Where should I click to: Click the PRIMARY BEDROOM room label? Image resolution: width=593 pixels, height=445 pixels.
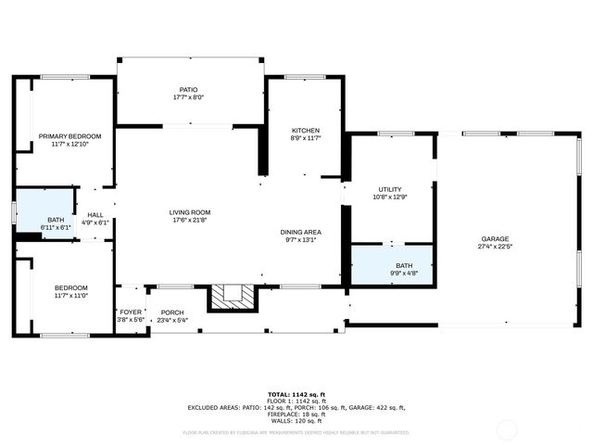click(69, 136)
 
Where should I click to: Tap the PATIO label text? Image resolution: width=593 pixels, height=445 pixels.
click(188, 90)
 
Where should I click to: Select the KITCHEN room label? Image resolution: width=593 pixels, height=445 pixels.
click(306, 131)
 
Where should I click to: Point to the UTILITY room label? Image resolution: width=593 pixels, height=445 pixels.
click(389, 189)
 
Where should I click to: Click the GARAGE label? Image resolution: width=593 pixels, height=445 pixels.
click(495, 238)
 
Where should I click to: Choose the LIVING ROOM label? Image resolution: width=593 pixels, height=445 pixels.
click(189, 212)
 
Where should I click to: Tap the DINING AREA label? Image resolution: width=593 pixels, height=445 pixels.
click(301, 232)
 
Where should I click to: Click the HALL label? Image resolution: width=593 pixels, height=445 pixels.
click(95, 215)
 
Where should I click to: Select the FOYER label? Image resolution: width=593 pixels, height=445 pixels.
click(130, 312)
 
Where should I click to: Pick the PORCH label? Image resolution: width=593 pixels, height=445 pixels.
click(172, 312)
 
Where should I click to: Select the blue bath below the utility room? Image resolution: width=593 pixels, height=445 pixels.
click(391, 266)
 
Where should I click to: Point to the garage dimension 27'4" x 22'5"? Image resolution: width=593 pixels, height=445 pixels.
click(495, 247)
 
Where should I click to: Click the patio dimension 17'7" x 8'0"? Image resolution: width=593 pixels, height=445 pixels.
click(188, 97)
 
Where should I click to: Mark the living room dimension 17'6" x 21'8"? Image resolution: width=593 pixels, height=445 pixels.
click(189, 220)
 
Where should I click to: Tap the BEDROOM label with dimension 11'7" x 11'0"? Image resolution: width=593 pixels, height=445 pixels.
click(70, 287)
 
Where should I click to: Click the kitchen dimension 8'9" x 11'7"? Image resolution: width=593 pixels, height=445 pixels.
click(306, 138)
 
